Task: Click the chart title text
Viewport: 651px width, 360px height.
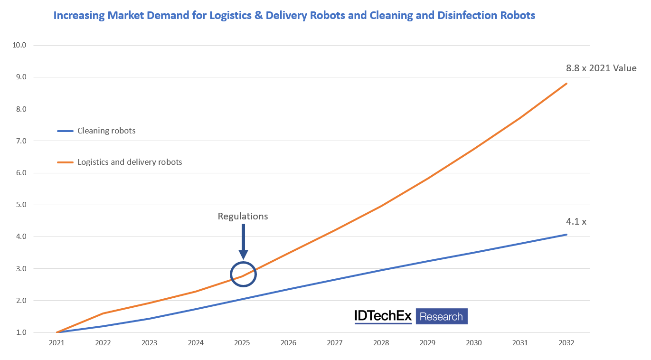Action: click(294, 16)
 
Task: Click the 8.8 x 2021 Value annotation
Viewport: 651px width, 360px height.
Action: click(601, 68)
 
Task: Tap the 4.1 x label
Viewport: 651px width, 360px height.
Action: click(576, 221)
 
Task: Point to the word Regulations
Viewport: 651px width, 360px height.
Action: click(243, 217)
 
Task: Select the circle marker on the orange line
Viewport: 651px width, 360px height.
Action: click(243, 274)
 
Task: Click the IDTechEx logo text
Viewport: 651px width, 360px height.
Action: click(383, 316)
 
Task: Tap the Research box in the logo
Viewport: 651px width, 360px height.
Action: click(441, 316)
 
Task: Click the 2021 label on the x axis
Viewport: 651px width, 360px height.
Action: click(57, 343)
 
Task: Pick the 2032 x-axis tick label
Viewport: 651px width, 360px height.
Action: click(566, 343)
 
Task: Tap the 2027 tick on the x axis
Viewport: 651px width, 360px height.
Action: click(335, 343)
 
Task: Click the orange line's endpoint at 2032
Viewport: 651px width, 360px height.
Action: click(566, 84)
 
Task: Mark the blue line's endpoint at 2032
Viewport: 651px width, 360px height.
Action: click(566, 234)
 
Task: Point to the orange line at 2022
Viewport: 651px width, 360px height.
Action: click(103, 313)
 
